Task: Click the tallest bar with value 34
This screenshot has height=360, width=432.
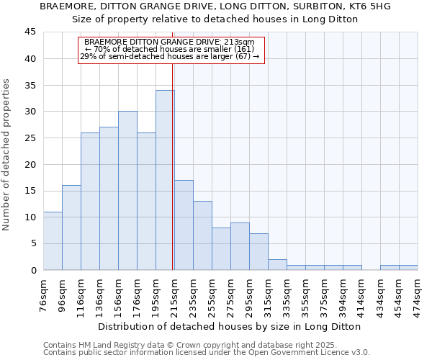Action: tap(165, 180)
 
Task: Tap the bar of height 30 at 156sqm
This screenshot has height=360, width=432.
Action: tap(127, 191)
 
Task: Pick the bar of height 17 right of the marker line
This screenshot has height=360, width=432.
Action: tap(184, 225)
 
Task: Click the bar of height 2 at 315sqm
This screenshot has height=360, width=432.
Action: tap(277, 265)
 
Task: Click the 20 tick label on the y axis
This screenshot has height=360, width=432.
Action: tap(30, 164)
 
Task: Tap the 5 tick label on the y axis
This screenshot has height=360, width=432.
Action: tap(33, 243)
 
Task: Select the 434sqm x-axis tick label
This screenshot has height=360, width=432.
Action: tap(381, 295)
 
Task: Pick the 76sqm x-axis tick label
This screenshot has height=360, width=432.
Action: tap(44, 295)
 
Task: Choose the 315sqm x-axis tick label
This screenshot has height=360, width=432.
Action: tap(269, 295)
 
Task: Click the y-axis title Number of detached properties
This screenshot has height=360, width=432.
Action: tap(7, 155)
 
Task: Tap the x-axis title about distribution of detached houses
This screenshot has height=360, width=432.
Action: tap(230, 326)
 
